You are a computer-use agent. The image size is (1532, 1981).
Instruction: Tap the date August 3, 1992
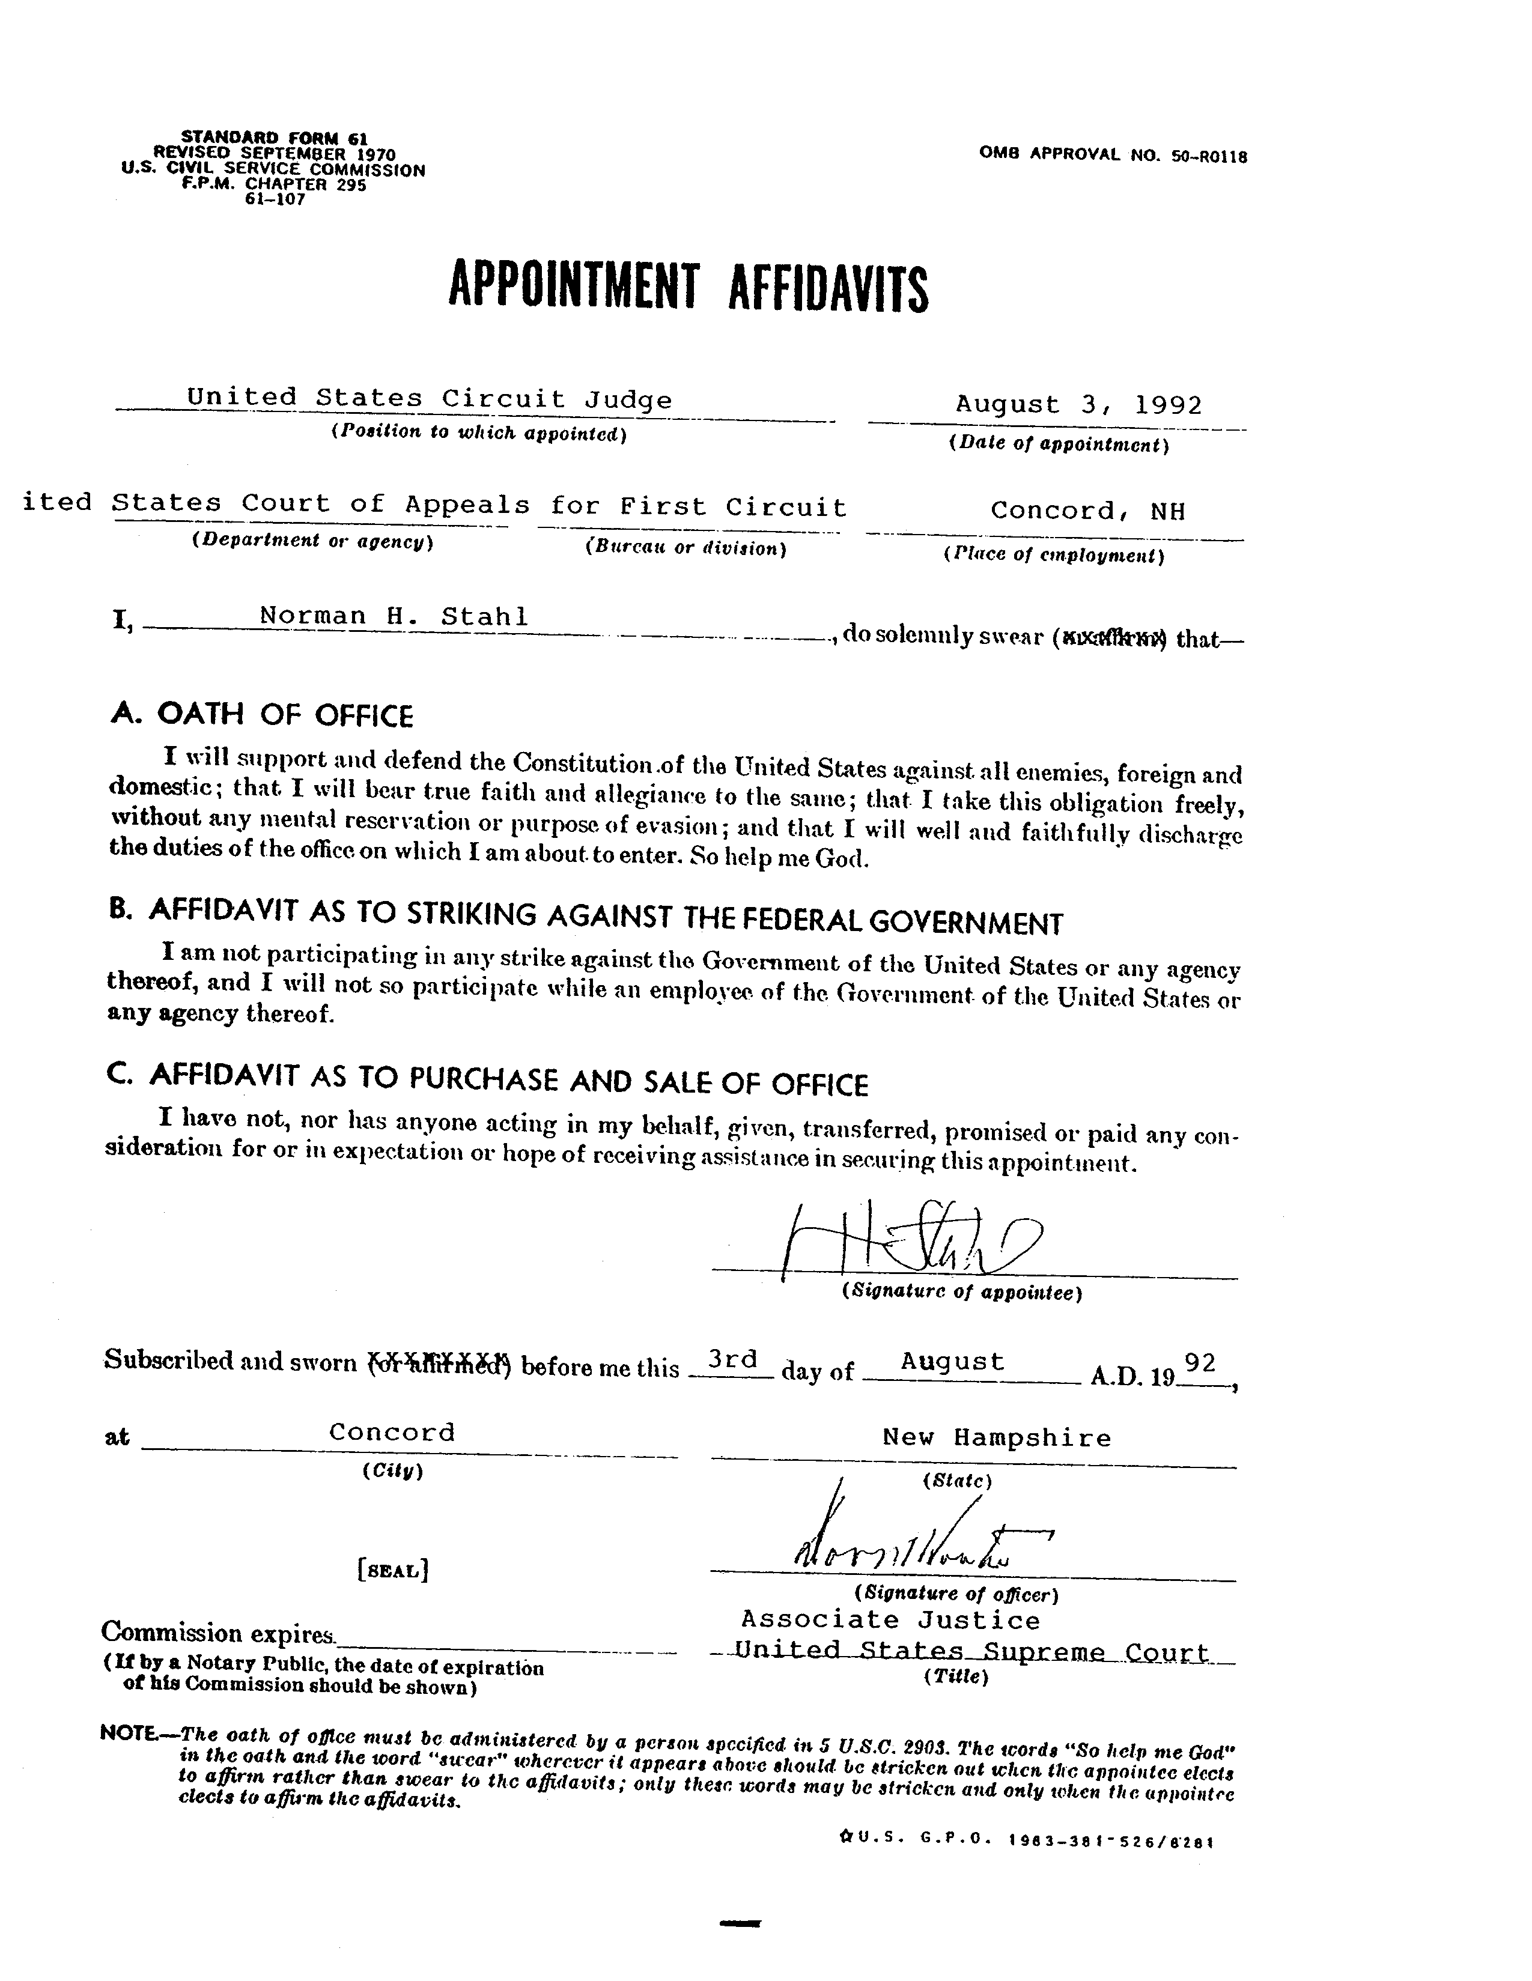point(1078,404)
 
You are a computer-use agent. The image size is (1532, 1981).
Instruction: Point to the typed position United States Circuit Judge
point(429,398)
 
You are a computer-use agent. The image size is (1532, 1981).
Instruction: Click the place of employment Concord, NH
point(1087,511)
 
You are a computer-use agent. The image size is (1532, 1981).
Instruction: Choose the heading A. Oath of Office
point(261,715)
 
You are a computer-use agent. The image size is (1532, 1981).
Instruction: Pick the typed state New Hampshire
point(996,1437)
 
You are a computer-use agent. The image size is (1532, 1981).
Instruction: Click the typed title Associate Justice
point(891,1620)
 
